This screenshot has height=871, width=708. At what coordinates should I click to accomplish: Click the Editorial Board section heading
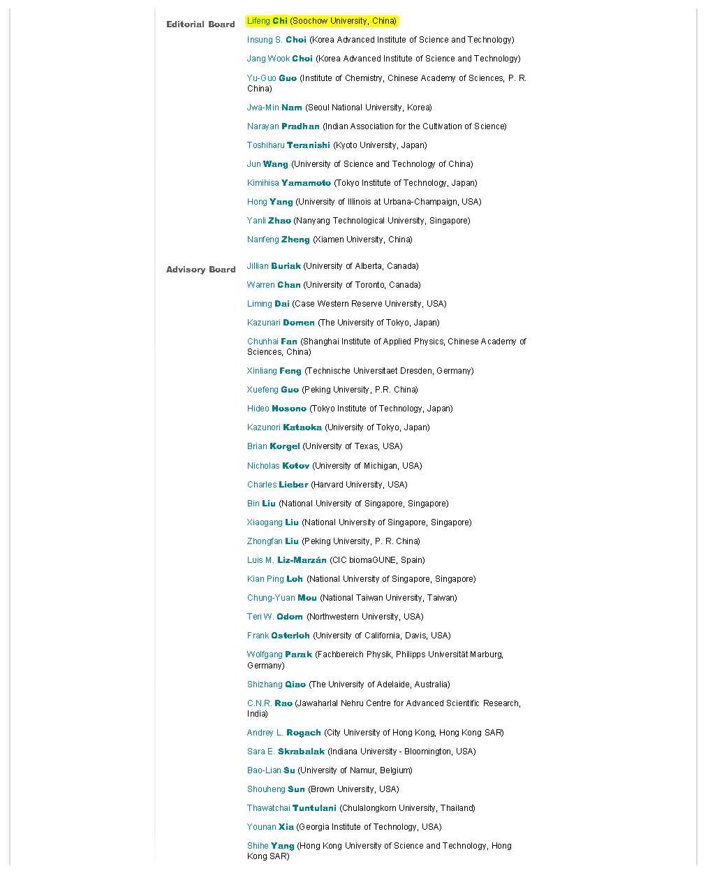(200, 24)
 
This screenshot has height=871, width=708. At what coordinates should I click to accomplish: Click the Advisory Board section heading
(200, 270)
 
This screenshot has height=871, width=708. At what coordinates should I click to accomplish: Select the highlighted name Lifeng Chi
(267, 21)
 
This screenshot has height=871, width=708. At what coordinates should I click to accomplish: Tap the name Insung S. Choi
(276, 40)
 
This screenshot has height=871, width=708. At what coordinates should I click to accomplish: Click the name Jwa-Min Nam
(274, 108)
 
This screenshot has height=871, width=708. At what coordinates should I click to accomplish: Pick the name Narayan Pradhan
(283, 126)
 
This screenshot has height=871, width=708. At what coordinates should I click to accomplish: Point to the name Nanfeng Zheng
(278, 240)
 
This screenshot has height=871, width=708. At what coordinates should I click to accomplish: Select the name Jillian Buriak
(273, 266)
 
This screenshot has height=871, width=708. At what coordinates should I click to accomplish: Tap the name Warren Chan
(273, 285)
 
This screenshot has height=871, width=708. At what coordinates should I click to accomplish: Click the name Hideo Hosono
(276, 409)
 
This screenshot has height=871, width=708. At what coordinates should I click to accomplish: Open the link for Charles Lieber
(277, 485)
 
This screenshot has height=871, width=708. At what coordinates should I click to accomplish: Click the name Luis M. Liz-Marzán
(286, 560)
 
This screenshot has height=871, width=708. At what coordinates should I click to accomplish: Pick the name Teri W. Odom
(274, 617)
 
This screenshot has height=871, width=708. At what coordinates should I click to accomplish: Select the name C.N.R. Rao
(270, 703)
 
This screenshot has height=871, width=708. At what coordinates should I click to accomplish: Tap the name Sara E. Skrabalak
(286, 752)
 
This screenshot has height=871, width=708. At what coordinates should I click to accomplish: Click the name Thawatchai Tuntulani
(291, 808)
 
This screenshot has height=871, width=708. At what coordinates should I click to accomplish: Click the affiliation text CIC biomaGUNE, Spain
(378, 560)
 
